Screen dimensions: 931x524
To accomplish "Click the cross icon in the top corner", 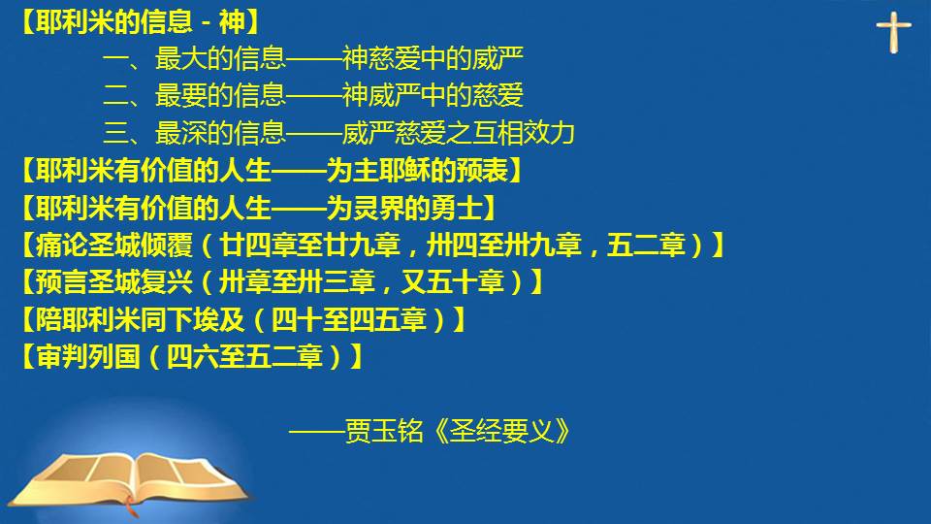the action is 893,32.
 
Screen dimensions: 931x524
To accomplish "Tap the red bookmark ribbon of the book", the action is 132,508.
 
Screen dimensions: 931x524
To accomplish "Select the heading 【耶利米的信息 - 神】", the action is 141,22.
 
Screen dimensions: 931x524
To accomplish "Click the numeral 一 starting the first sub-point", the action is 115,59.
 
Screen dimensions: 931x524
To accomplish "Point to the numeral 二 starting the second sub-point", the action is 115,96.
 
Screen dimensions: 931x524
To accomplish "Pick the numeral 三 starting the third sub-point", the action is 115,133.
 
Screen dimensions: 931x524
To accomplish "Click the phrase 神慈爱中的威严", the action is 433,58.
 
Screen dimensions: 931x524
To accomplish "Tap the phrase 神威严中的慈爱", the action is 433,95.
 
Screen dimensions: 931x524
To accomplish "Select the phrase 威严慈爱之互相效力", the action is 459,133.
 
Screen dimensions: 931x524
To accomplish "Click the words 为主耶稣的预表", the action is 417,171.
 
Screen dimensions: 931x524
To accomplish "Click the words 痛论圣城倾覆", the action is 114,245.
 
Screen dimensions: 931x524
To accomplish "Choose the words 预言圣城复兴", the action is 114,282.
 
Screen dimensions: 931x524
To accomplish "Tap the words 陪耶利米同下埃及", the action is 140,319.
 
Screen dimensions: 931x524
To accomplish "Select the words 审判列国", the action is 88,356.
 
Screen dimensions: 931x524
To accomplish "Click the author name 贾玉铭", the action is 384,431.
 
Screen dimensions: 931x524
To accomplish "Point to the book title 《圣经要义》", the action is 502,431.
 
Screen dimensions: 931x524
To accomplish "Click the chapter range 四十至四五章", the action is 349,319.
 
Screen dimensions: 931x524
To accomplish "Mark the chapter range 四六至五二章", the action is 244,356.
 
